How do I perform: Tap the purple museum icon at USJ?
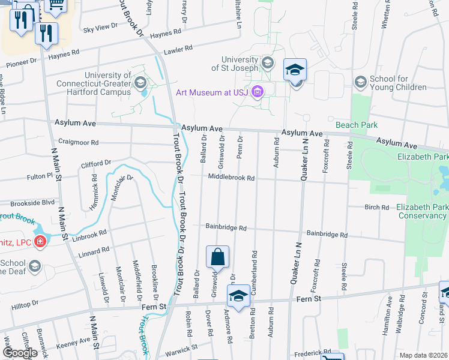pos(258,92)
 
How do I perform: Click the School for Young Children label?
pos(398,83)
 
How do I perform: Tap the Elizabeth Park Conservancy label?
pos(421,211)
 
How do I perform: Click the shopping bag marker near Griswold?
pos(217,256)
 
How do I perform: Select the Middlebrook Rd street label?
pos(232,178)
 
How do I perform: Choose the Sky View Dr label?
pos(101,28)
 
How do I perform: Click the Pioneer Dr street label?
pos(21,61)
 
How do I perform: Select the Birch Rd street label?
pos(377,207)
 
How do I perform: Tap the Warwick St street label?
pos(182,348)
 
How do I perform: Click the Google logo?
pos(19,353)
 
